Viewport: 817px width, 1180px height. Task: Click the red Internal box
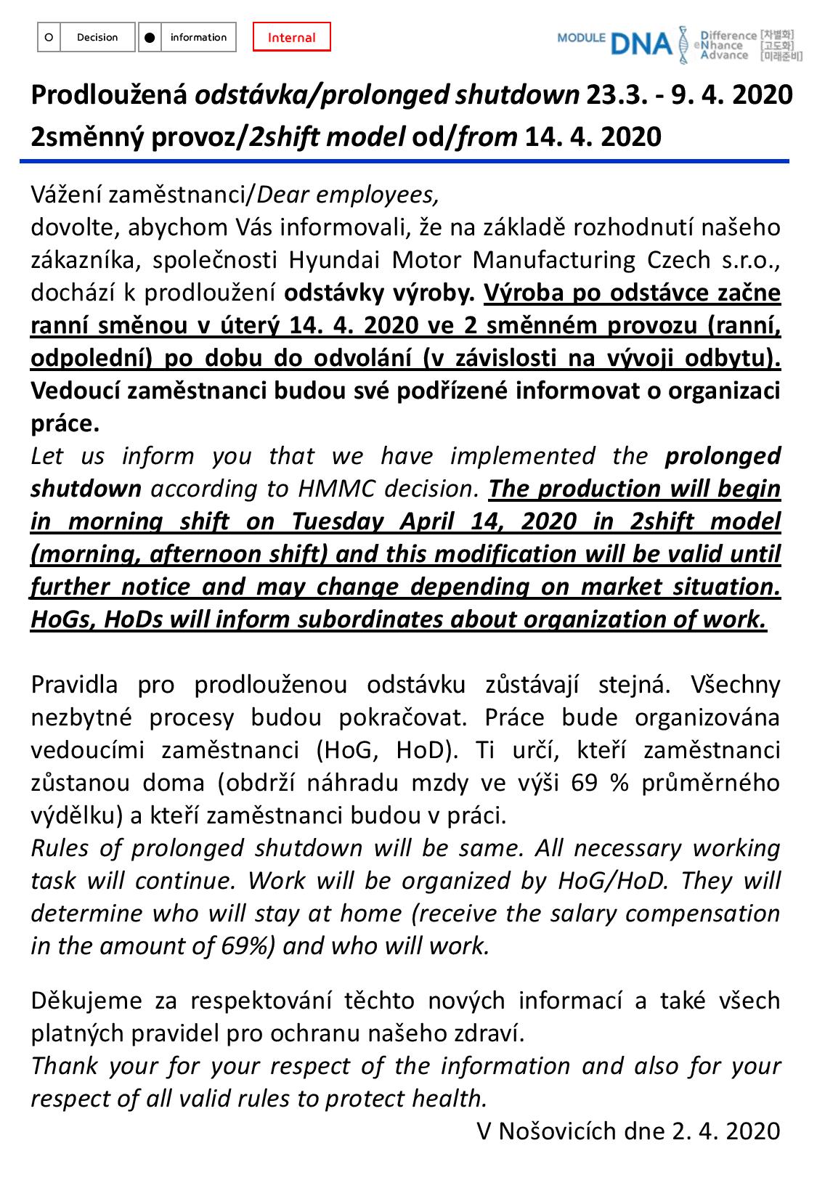291,38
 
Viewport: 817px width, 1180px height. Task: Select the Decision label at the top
97,38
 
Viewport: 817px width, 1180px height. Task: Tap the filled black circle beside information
149,38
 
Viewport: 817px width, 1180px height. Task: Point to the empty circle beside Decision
48,38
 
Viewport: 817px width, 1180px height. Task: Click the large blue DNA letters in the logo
641,45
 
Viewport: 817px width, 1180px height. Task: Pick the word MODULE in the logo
581,38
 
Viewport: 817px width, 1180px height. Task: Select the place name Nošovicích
555,1131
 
